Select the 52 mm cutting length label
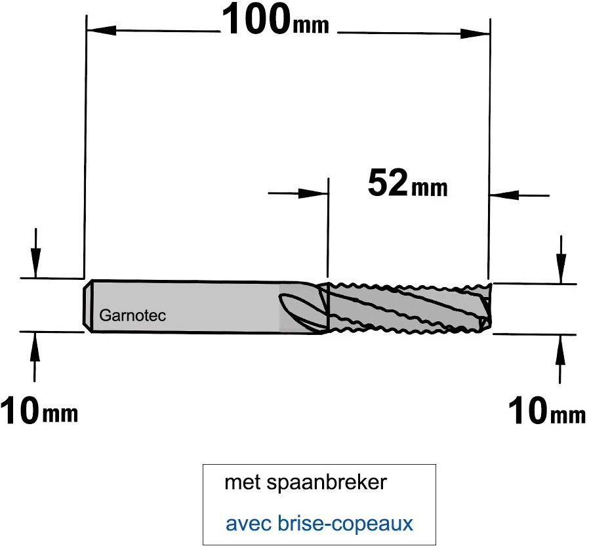pos(407,183)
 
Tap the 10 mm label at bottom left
pos(39,412)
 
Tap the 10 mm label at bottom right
pos(546,412)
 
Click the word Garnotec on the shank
pos(132,316)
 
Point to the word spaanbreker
pos(327,482)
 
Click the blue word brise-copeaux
pos(345,524)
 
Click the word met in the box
pos(242,483)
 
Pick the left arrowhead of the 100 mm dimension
pos(100,30)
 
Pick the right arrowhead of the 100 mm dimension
pos(475,33)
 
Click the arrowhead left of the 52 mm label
pos(314,193)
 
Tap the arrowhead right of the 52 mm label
pos(504,195)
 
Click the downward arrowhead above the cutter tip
pos(561,269)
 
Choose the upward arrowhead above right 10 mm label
pos(560,349)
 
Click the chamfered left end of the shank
pos(87,305)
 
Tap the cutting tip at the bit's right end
pos(486,308)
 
